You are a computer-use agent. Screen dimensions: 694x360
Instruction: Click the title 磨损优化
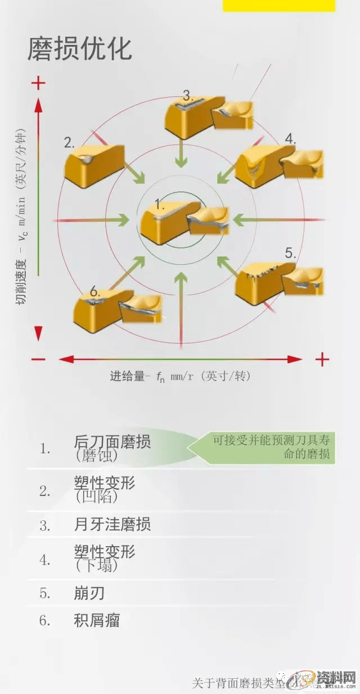[x=80, y=49]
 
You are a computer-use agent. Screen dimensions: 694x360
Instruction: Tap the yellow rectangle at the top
[x=278, y=6]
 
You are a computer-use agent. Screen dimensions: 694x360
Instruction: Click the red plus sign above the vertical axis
[x=38, y=84]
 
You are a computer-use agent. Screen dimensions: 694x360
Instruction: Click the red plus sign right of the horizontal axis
[x=322, y=359]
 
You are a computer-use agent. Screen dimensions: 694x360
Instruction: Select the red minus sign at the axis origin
[x=38, y=359]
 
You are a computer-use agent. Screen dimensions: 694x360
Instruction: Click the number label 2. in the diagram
[x=69, y=142]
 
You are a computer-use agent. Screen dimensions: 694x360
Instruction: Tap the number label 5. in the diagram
[x=290, y=253]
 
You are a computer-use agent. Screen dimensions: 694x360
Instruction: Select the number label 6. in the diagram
[x=94, y=292]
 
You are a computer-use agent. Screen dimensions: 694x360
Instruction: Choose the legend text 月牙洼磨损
[x=112, y=525]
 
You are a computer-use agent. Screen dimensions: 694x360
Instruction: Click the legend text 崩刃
[x=89, y=593]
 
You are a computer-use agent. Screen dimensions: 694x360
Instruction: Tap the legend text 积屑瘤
[x=97, y=620]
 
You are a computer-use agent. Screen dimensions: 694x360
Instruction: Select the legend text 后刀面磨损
[x=112, y=442]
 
